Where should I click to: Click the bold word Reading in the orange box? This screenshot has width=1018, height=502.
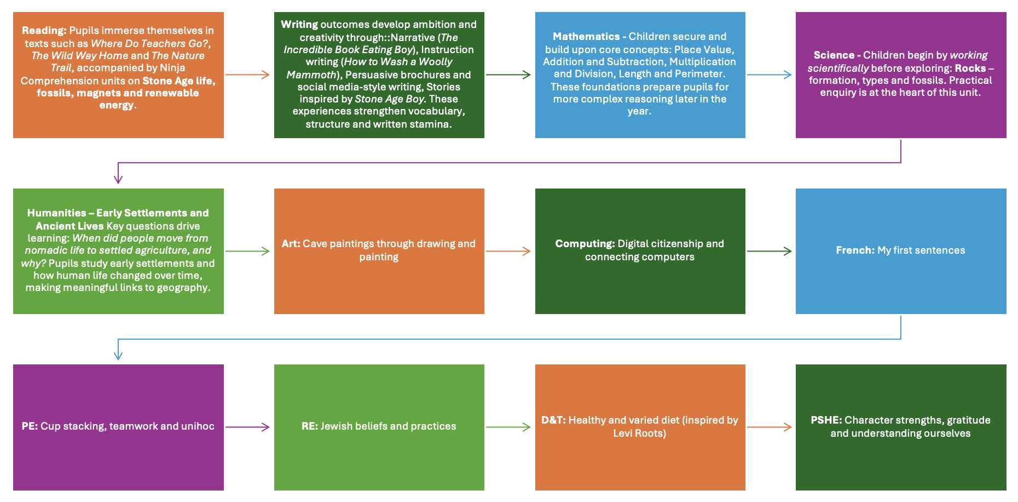(x=44, y=31)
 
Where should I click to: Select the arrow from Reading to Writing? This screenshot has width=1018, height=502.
(x=248, y=75)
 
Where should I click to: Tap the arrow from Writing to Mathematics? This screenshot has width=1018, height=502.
(x=508, y=75)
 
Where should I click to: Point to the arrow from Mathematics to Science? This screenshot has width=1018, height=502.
(x=770, y=75)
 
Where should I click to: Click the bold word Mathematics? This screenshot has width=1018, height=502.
(x=586, y=37)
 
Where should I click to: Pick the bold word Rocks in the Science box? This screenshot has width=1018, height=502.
(x=970, y=69)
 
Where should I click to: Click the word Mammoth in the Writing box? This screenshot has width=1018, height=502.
(x=311, y=75)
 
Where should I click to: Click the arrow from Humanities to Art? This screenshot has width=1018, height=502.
(x=248, y=251)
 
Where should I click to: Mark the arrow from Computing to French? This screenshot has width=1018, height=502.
(x=770, y=251)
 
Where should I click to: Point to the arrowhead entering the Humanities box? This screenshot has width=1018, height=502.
(x=118, y=179)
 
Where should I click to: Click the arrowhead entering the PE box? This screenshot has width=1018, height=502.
(x=118, y=356)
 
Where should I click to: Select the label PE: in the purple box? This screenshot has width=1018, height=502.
(x=30, y=426)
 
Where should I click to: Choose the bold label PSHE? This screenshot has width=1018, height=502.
(x=826, y=420)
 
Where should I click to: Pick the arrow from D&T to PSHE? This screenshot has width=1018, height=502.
(x=770, y=427)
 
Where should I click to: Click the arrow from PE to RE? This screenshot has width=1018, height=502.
(x=248, y=427)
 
